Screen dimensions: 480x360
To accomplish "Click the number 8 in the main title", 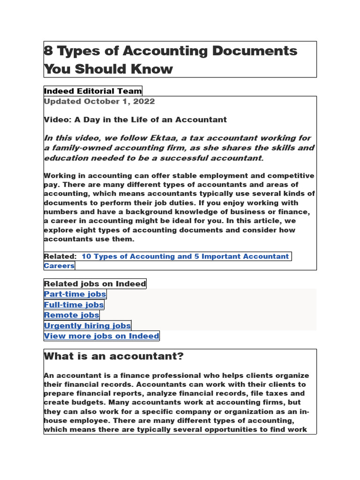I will (x=48, y=51).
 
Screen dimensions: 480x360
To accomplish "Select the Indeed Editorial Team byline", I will (x=93, y=91).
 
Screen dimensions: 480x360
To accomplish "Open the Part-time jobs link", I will (x=75, y=294).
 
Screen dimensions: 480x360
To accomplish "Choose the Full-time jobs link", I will (x=74, y=305).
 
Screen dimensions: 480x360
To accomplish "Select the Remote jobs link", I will (x=71, y=315).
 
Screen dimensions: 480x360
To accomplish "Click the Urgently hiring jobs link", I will (x=87, y=325).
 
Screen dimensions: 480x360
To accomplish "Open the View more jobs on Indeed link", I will (x=101, y=336).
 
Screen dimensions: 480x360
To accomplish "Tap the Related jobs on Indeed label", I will (x=95, y=284).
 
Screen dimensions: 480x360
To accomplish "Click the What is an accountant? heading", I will (x=113, y=356).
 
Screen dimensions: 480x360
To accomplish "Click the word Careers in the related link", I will (x=59, y=266).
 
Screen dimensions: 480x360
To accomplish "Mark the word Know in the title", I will (x=156, y=69).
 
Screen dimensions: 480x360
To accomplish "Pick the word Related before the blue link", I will (x=60, y=256).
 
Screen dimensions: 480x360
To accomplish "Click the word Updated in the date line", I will (x=62, y=101).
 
